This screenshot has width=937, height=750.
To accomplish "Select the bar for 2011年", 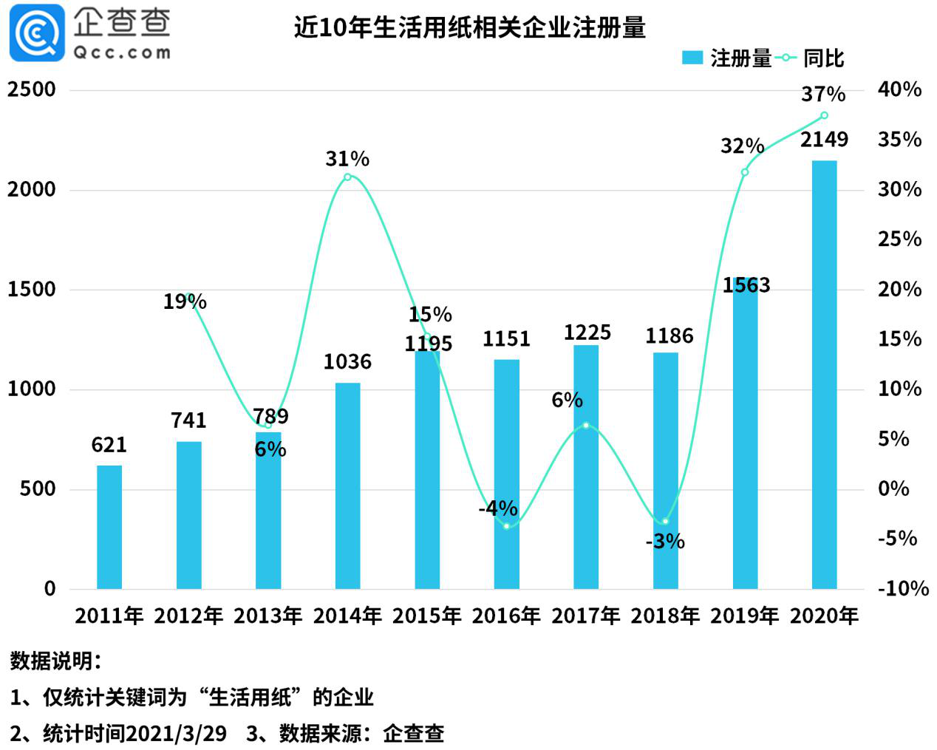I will (x=109, y=527).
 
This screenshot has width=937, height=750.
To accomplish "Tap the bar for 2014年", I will (x=347, y=485).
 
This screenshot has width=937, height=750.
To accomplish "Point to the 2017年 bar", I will (x=586, y=466).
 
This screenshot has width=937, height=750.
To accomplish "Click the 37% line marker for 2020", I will (x=824, y=115).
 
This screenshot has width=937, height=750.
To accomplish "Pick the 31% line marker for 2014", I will (x=347, y=177).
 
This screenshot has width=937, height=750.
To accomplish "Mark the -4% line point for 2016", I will (x=506, y=525).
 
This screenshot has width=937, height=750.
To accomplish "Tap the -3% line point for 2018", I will (x=665, y=521).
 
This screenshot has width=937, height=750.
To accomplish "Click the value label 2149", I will (x=824, y=140).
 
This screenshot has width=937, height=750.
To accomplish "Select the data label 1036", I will (x=347, y=362).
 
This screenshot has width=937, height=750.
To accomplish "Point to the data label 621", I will (x=109, y=445).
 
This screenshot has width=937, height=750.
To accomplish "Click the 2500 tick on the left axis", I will (x=32, y=89).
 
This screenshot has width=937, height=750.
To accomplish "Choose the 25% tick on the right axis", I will (x=899, y=239).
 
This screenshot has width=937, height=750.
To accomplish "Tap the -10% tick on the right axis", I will (x=902, y=588).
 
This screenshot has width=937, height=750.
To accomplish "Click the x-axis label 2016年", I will (x=506, y=616).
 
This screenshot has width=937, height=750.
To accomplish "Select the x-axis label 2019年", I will (x=745, y=616).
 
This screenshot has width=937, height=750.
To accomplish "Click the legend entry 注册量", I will (x=727, y=58).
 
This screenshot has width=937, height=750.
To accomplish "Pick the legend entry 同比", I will (x=811, y=58).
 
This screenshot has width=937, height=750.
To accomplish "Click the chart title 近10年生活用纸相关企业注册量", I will (x=470, y=27).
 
